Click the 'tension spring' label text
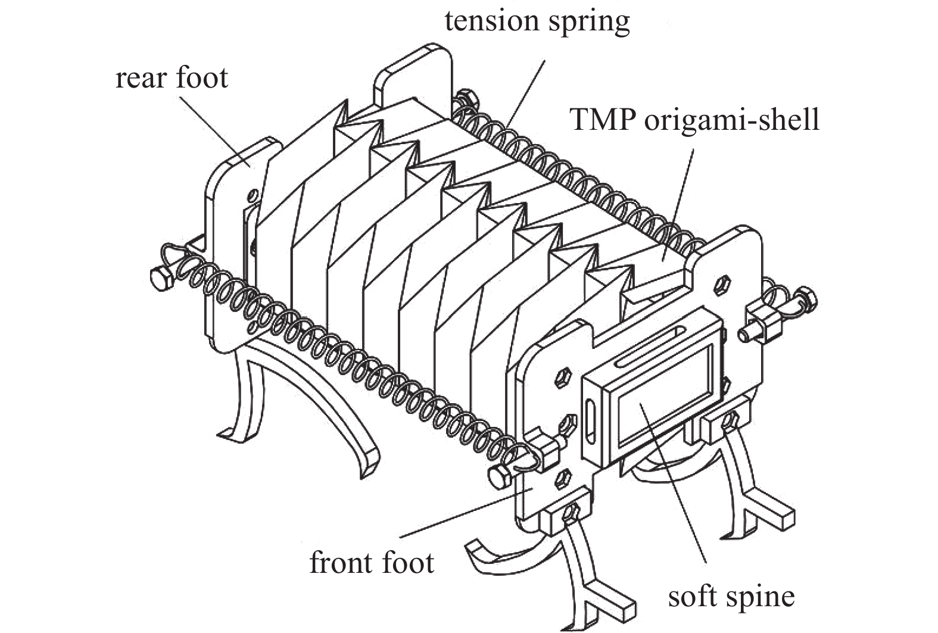pos(537,22)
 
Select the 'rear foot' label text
pos(172,78)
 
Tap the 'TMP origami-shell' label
pos(694,120)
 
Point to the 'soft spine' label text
pos(731,596)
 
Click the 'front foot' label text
pos(372,563)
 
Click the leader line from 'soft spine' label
pos(673,482)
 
